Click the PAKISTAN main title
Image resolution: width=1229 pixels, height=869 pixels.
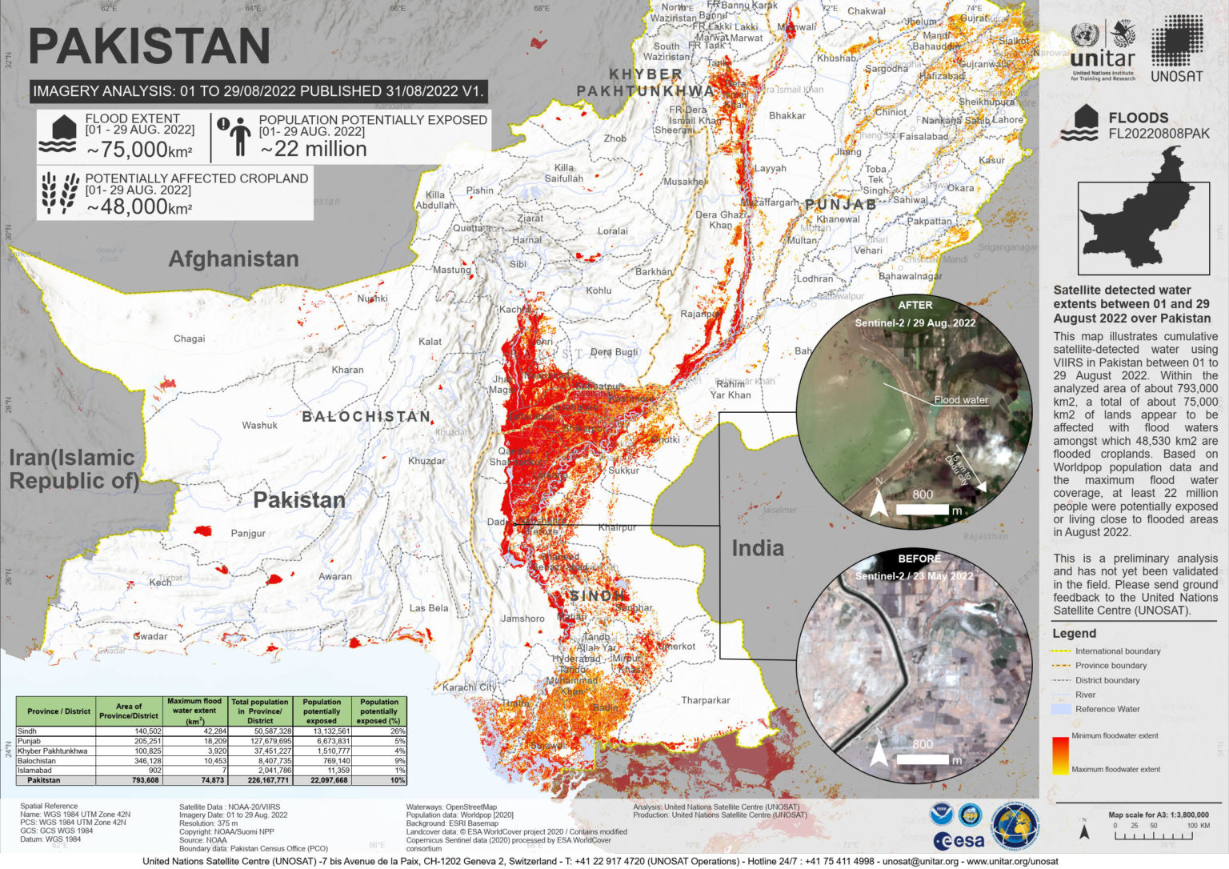(x=150, y=46)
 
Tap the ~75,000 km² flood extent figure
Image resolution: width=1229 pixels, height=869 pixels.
(x=139, y=150)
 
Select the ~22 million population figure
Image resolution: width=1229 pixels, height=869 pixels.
(x=314, y=150)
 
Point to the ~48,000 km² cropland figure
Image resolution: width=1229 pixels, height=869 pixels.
(x=139, y=206)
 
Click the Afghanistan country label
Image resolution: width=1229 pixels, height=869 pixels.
(x=234, y=259)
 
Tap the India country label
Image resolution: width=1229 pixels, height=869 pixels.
(x=757, y=548)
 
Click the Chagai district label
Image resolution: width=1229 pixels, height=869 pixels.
(x=189, y=338)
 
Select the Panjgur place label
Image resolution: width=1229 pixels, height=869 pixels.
(x=248, y=533)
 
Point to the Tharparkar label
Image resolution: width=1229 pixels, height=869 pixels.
(x=705, y=700)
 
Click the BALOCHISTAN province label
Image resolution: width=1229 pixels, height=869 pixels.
(x=366, y=416)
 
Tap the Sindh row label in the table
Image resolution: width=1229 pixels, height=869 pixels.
(x=27, y=731)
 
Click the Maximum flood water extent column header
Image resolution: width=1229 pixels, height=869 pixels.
(x=194, y=710)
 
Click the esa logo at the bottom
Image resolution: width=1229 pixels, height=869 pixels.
(x=959, y=841)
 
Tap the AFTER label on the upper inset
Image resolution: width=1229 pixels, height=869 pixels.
(x=915, y=305)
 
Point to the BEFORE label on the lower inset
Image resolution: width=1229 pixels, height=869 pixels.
(x=919, y=559)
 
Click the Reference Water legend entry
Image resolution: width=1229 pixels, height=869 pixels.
(x=1107, y=709)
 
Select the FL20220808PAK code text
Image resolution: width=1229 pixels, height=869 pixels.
(x=1159, y=134)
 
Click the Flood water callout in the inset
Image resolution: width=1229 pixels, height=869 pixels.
(x=960, y=399)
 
